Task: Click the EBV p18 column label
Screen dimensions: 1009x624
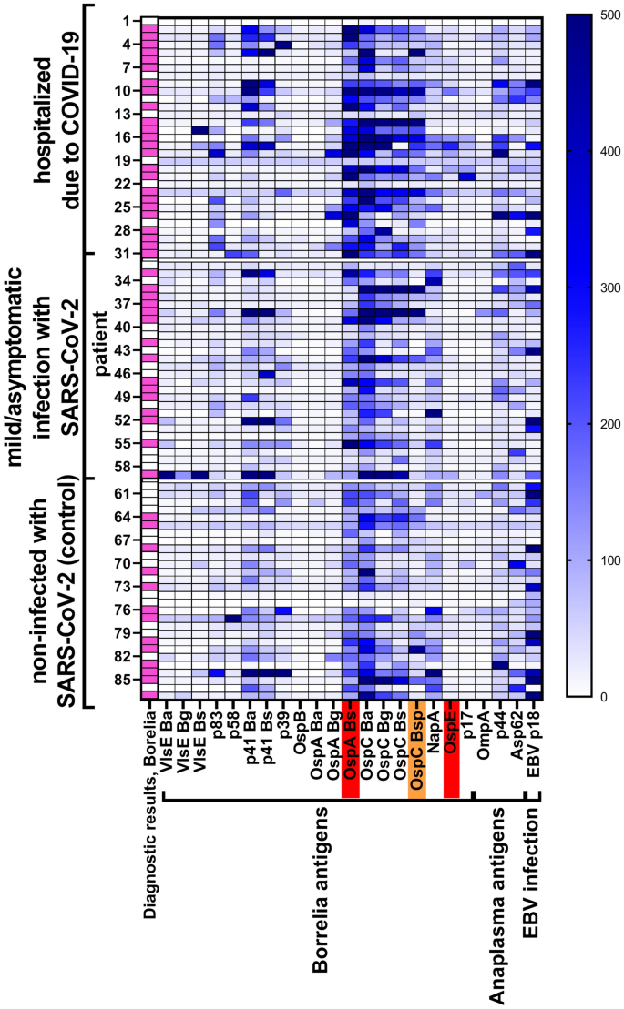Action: click(533, 741)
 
